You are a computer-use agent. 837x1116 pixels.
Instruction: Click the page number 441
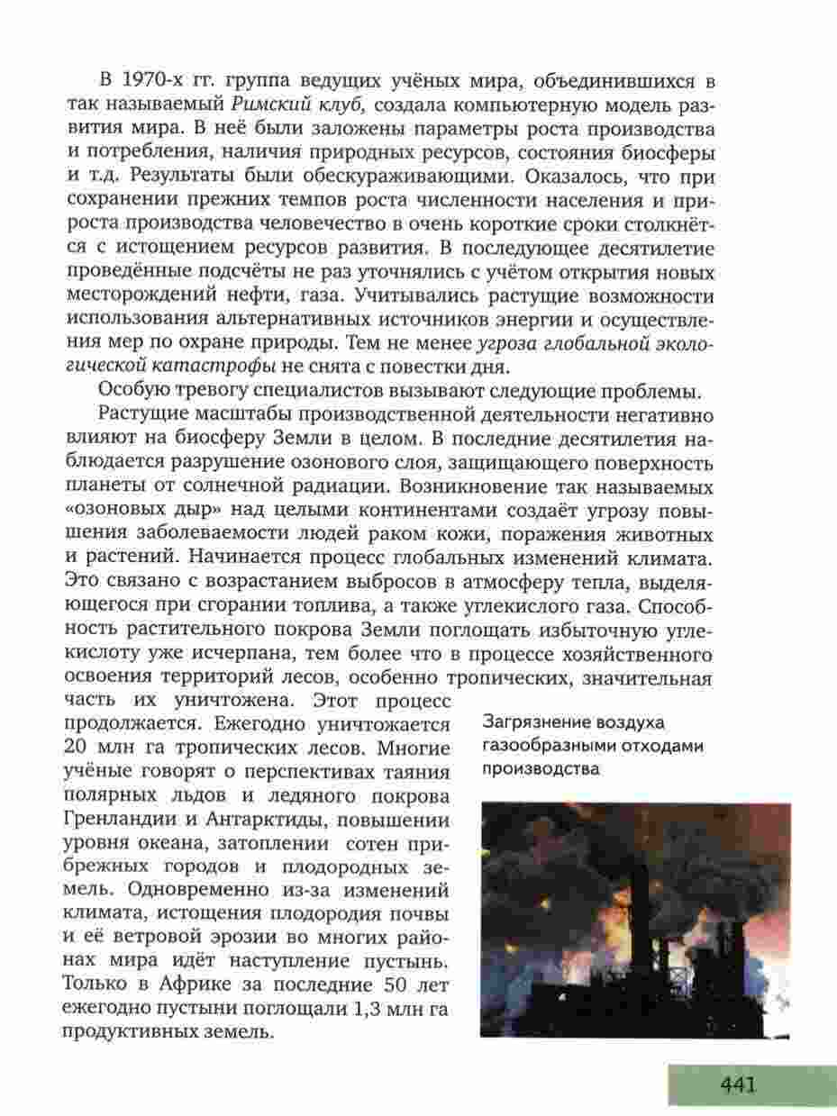click(x=737, y=1084)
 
